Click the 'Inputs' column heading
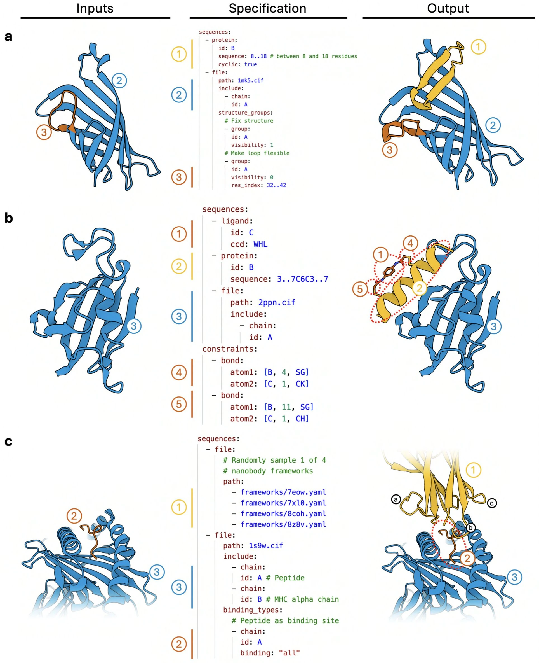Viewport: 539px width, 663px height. click(95, 8)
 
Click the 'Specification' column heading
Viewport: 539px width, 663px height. click(267, 8)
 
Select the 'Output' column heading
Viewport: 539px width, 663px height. click(448, 8)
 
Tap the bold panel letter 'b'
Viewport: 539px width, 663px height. click(9, 218)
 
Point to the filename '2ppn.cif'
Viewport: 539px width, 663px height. click(277, 302)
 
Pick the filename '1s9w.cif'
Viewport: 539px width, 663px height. click(266, 545)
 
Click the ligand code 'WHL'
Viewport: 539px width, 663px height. click(260, 244)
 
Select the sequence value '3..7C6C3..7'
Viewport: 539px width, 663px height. click(302, 279)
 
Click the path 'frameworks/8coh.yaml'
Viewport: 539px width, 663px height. click(283, 513)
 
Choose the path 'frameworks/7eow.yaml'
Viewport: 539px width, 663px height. click(283, 492)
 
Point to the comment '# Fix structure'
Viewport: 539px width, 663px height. click(249, 121)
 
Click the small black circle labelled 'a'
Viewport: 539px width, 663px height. click(396, 499)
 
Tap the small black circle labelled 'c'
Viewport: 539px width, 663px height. click(492, 503)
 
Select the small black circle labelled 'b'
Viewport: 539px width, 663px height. click(470, 527)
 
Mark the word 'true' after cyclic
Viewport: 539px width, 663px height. click(251, 64)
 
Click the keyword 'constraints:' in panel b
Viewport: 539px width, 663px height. click(230, 349)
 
